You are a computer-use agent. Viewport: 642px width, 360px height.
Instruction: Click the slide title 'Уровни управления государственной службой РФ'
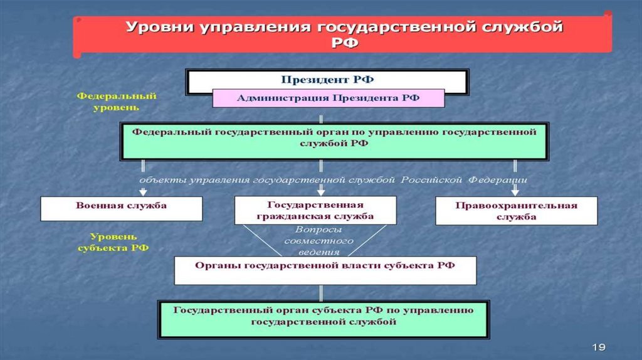[344, 34]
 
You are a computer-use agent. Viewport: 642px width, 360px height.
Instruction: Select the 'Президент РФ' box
[327, 82]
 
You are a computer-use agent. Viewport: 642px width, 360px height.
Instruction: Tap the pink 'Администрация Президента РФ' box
[329, 98]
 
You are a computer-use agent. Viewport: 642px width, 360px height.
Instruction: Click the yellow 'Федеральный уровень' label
[117, 102]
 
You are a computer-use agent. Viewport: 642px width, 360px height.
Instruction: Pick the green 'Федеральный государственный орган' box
[334, 141]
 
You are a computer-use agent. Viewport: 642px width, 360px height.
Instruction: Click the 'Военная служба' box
[121, 208]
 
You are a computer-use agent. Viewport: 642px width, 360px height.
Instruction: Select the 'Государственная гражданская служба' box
[315, 210]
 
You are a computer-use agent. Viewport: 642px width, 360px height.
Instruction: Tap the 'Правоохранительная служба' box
[517, 211]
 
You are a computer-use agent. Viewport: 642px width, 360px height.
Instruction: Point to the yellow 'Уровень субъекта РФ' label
[113, 242]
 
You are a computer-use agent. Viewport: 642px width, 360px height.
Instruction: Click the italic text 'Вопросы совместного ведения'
[318, 241]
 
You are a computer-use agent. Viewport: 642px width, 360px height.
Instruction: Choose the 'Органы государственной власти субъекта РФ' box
[325, 270]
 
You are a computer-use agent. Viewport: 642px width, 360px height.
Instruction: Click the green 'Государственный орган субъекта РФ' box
[324, 320]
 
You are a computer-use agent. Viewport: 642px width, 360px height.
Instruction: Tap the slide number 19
[599, 347]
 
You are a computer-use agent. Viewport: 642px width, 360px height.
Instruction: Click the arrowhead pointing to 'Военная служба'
[143, 192]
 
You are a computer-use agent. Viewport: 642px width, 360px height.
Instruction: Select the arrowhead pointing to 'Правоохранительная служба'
[515, 192]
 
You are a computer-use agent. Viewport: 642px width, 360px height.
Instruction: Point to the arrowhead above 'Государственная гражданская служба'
[321, 192]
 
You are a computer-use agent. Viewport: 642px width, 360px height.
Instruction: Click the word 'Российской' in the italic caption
[431, 180]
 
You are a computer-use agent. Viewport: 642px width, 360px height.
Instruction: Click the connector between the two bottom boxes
[321, 294]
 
